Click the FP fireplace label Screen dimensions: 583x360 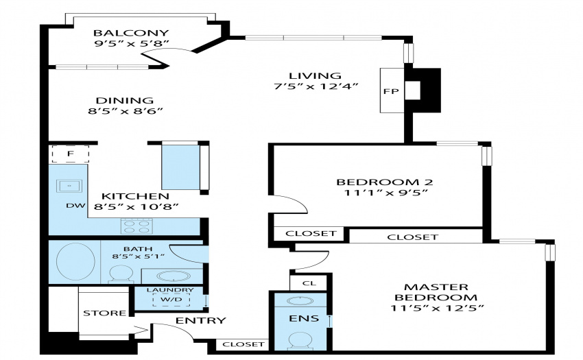pyautogui.click(x=391, y=91)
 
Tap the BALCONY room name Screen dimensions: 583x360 pyautogui.click(x=131, y=33)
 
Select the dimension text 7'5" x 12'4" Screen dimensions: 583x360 pyautogui.click(x=316, y=86)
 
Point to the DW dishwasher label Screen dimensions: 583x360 pyautogui.click(x=76, y=206)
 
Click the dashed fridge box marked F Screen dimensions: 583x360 pyautogui.click(x=70, y=154)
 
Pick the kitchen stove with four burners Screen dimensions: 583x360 pyautogui.click(x=136, y=226)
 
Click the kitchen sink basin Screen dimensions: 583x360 pyautogui.click(x=69, y=186)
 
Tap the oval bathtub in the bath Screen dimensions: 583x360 pyautogui.click(x=75, y=261)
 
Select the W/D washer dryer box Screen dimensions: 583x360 pyautogui.click(x=171, y=300)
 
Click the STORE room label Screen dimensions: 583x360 pyautogui.click(x=104, y=313)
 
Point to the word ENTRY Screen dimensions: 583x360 pyautogui.click(x=201, y=320)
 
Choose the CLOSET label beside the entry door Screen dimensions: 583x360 pyautogui.click(x=243, y=344)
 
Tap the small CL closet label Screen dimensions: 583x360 pyautogui.click(x=309, y=283)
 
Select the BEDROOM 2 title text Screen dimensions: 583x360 pyautogui.click(x=385, y=182)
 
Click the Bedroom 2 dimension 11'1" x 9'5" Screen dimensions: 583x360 pyautogui.click(x=385, y=193)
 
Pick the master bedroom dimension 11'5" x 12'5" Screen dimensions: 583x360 pyautogui.click(x=438, y=309)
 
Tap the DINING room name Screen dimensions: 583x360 pyautogui.click(x=125, y=100)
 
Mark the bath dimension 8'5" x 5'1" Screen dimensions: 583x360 pyautogui.click(x=139, y=256)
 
